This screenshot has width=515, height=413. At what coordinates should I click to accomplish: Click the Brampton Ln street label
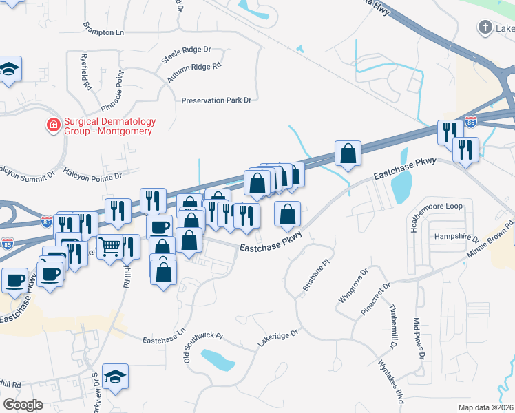pyautogui.click(x=103, y=32)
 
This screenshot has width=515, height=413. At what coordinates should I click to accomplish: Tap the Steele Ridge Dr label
pyautogui.click(x=186, y=50)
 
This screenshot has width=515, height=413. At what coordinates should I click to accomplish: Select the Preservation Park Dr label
pyautogui.click(x=216, y=100)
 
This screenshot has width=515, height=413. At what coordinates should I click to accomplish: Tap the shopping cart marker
pyautogui.click(x=110, y=246)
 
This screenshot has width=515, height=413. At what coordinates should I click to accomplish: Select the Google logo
pyautogui.click(x=22, y=405)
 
